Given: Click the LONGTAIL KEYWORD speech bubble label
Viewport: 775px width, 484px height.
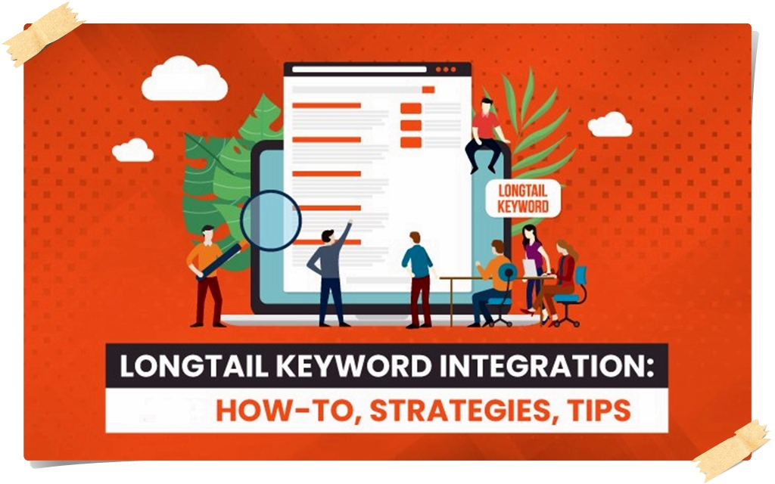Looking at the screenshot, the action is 523,198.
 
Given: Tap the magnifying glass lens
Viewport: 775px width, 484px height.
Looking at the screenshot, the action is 270,221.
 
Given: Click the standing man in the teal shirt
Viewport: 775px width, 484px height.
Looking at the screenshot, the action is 418,279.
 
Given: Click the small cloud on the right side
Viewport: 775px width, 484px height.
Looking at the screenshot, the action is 610,125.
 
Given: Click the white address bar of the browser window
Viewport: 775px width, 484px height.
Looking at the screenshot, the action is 359,70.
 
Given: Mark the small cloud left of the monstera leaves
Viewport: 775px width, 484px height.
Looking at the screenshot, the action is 132,150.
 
